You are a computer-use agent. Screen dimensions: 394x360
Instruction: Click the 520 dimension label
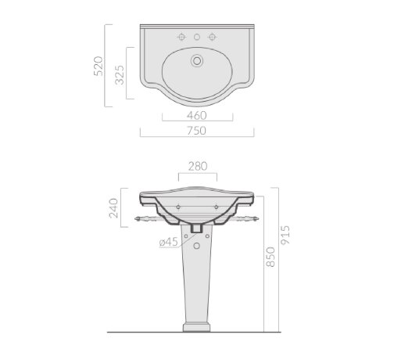click(x=98, y=66)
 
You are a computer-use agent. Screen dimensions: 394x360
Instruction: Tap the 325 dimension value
click(x=120, y=75)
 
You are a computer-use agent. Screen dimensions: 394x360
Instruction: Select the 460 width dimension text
click(x=197, y=116)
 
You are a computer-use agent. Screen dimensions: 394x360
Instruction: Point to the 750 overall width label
click(x=196, y=131)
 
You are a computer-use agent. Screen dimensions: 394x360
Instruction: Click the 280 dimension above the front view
click(x=198, y=166)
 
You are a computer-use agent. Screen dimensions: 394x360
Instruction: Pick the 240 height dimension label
click(x=113, y=208)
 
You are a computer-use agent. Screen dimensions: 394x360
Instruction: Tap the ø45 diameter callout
click(x=169, y=242)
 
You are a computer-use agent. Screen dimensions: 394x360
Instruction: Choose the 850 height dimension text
click(x=270, y=257)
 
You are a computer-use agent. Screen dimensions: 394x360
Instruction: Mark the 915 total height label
click(x=285, y=235)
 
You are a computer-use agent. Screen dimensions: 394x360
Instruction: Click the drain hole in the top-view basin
click(x=197, y=61)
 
